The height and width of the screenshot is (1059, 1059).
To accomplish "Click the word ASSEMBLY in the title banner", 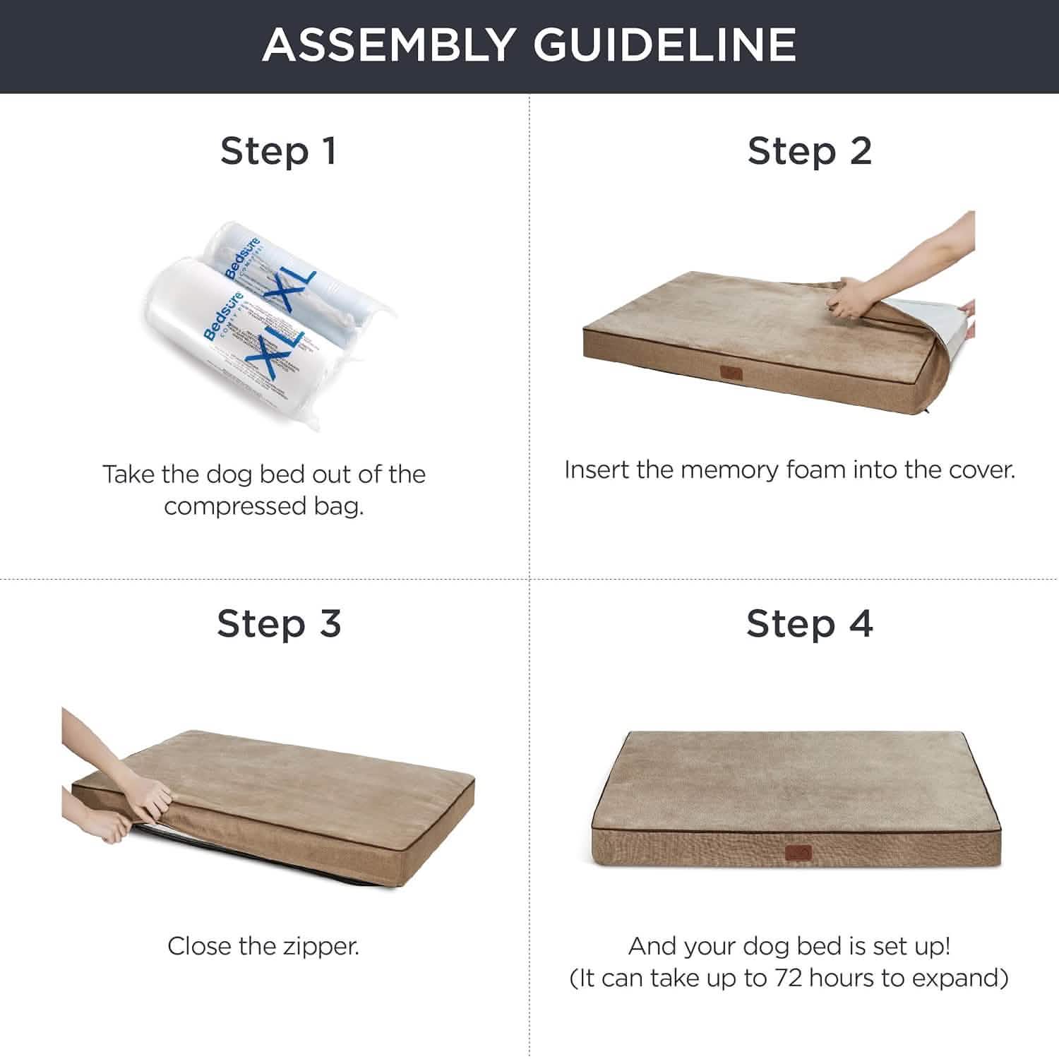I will [x=388, y=44].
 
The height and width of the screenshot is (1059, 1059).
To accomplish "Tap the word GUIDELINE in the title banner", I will [x=664, y=44].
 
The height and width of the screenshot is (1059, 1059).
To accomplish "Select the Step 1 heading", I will [x=278, y=151].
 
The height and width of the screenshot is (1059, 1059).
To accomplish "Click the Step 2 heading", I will [x=810, y=151].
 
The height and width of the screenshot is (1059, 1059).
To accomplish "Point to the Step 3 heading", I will [x=279, y=623].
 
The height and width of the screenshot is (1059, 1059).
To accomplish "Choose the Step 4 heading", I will [x=810, y=623].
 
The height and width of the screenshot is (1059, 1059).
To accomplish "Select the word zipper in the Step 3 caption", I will [x=321, y=946].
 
